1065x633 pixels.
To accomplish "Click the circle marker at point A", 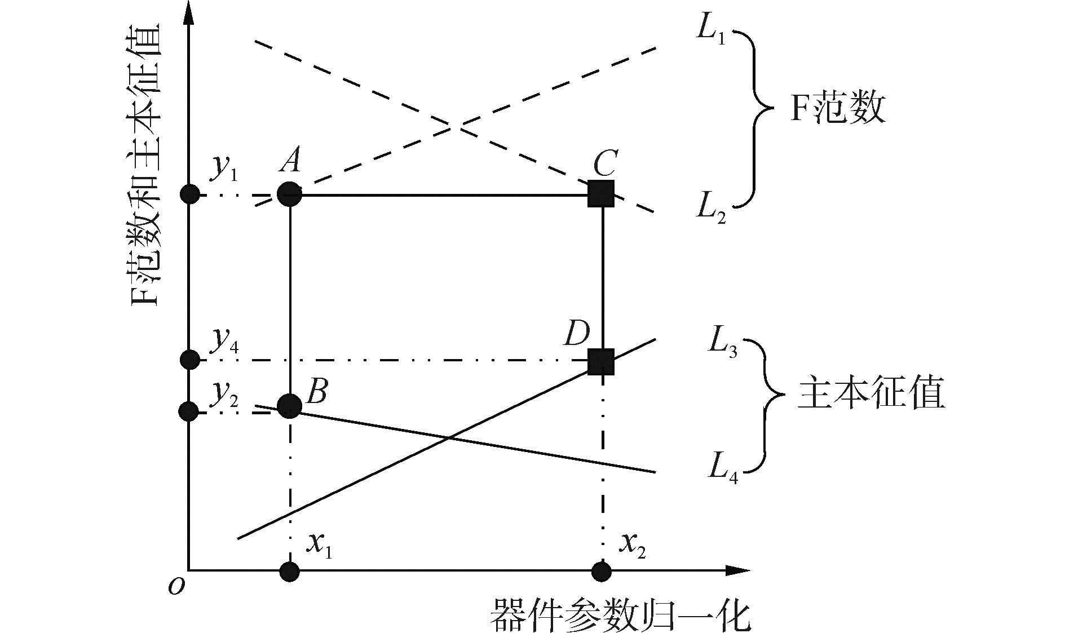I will pos(290,194).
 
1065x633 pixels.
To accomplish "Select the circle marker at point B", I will pos(290,406).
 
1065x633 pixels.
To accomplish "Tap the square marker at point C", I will pos(600,194).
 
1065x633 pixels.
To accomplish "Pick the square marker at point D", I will pos(600,361).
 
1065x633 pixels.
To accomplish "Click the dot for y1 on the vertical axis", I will pos(189,194).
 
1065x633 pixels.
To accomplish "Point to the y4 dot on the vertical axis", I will pos(189,359).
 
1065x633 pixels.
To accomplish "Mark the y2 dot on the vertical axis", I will pos(188,411).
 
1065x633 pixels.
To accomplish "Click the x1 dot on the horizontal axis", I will pos(290,572).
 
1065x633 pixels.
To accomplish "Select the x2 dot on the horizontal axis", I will pos(602,572).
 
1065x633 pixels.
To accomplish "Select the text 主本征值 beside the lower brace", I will pos(871,395).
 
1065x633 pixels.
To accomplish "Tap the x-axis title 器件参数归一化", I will pos(620,616).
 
